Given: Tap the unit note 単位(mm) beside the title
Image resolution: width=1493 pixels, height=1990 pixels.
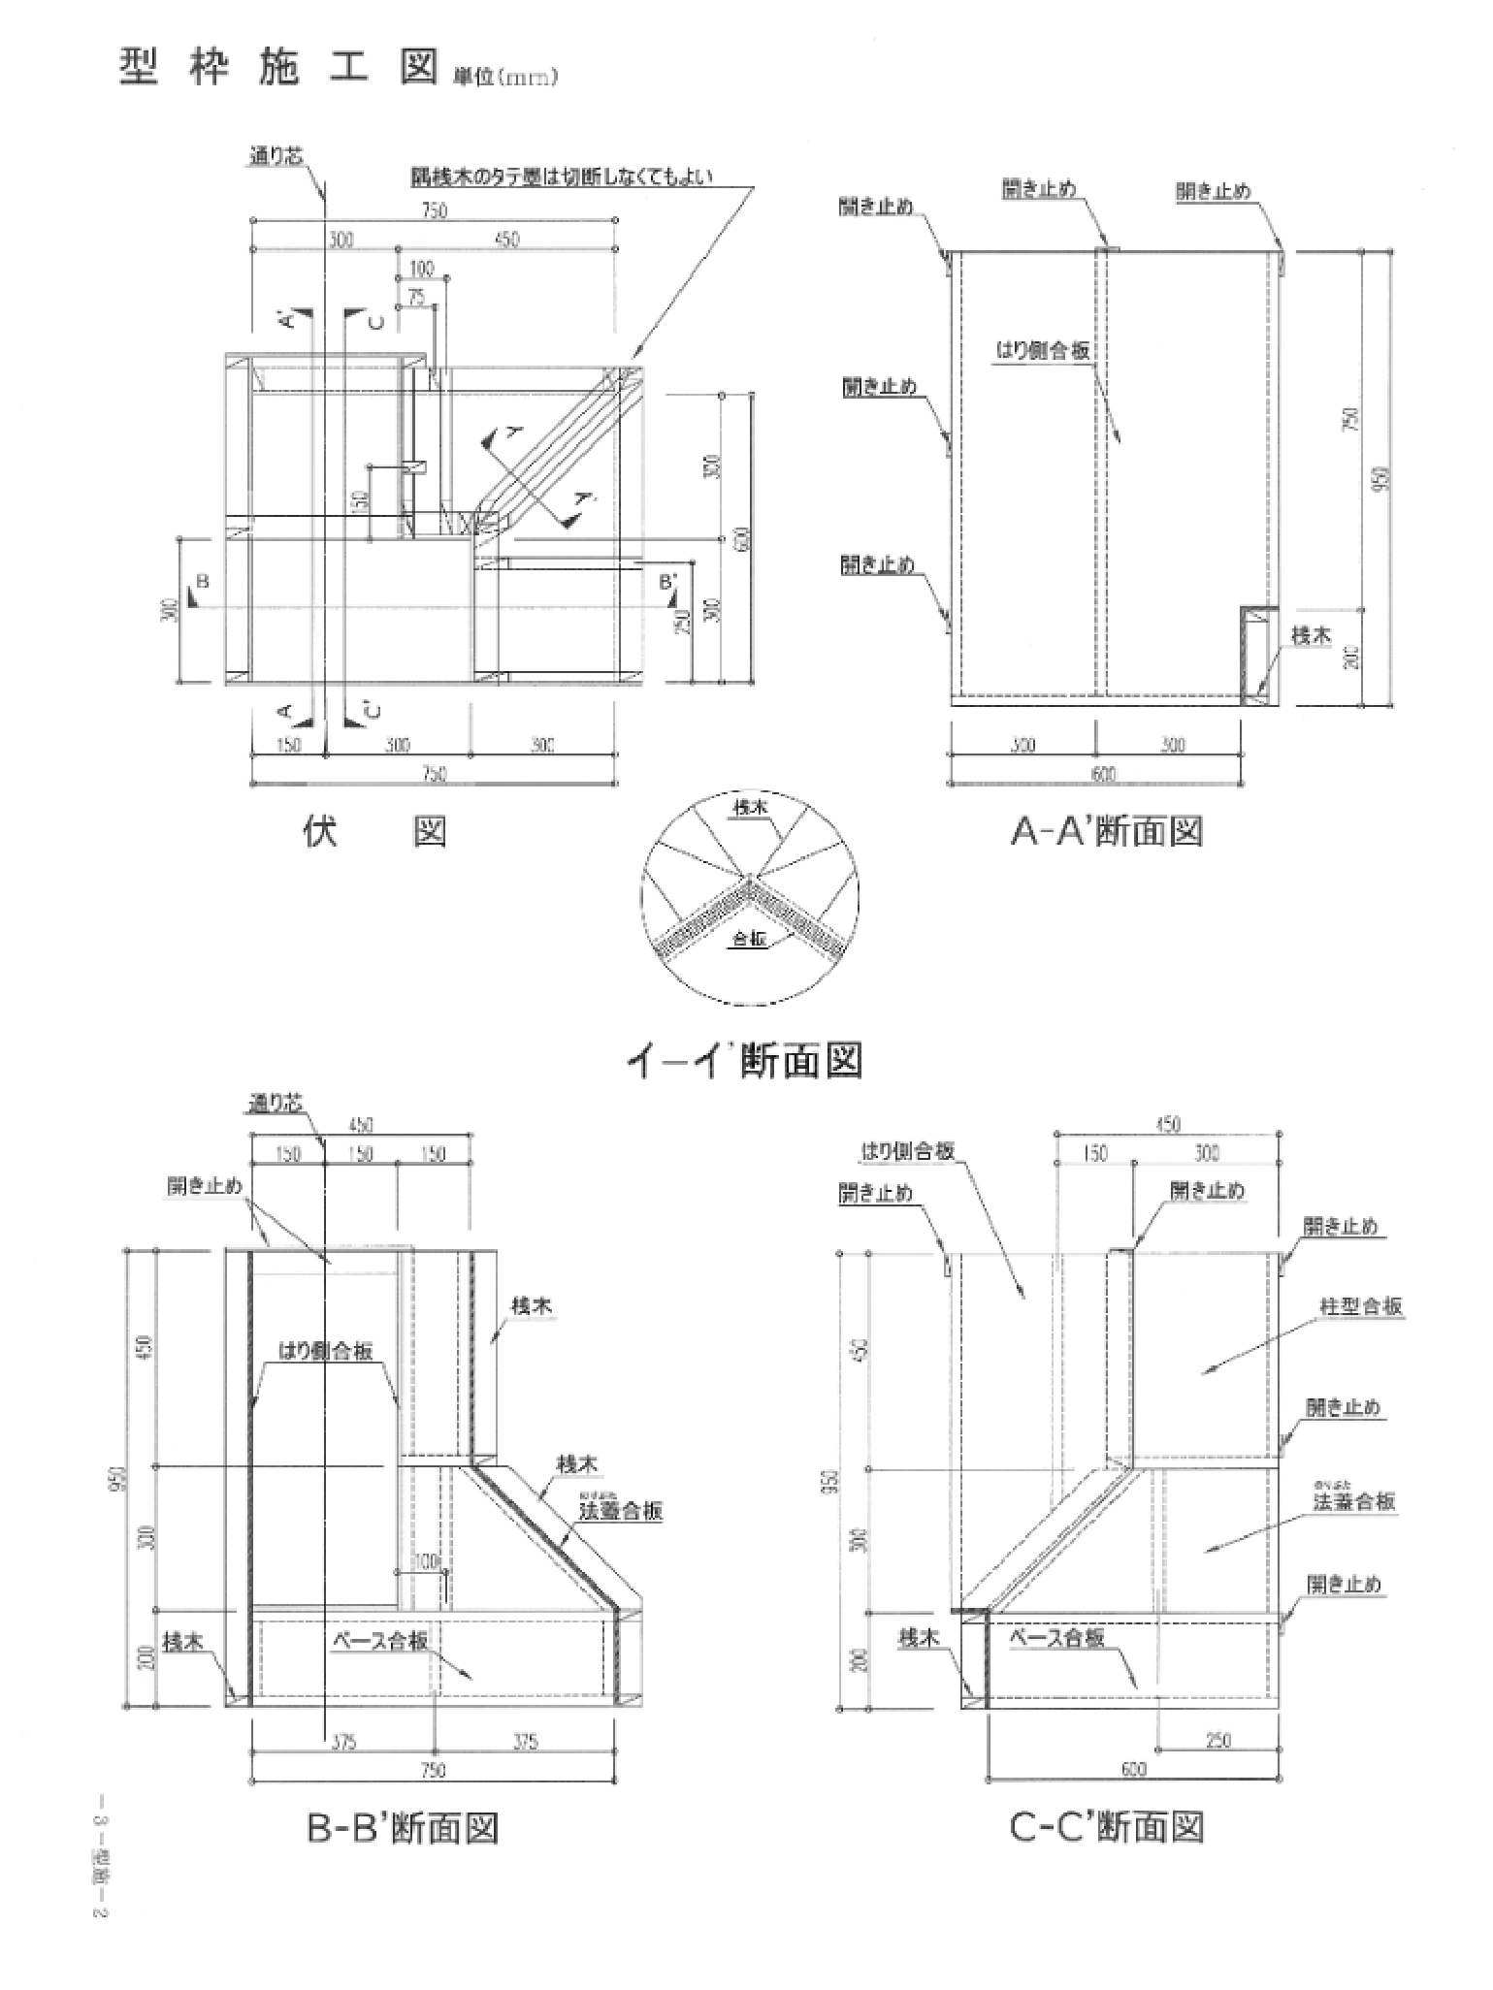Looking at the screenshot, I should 505,79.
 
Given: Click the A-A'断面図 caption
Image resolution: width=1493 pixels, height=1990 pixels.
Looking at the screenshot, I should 1107,831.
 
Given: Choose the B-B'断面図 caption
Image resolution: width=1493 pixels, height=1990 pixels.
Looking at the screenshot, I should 402,1828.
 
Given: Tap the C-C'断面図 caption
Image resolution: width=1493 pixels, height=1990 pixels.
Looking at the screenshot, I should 1107,1828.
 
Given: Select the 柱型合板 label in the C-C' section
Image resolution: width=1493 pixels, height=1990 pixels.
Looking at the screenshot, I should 1361,1306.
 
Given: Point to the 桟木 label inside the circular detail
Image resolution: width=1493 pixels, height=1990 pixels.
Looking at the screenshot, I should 751,807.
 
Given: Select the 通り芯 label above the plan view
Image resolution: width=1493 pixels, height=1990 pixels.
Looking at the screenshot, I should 277,155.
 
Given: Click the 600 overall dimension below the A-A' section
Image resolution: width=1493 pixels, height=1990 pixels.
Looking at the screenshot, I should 1104,774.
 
